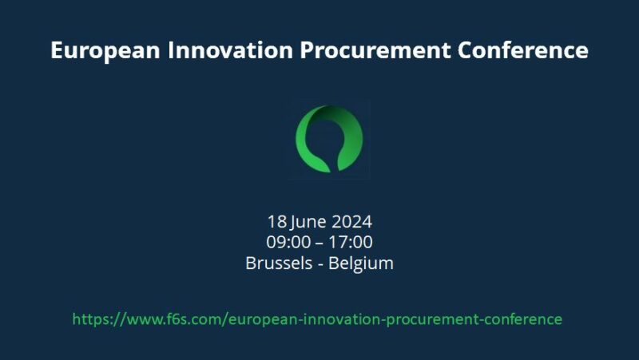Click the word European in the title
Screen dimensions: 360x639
click(97, 50)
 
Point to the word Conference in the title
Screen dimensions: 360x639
click(523, 50)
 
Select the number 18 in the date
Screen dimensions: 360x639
click(276, 221)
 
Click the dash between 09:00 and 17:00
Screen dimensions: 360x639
click(319, 242)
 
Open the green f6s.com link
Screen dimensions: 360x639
click(317, 319)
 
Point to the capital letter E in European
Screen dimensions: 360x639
click(57, 50)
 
